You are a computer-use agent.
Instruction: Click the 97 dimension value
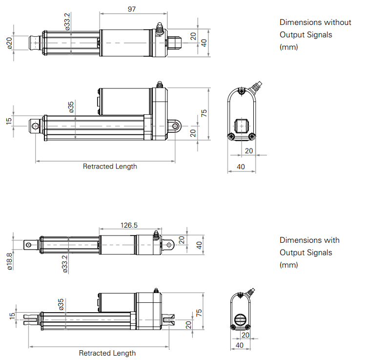[x=131, y=9]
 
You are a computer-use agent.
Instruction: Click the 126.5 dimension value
[x=129, y=225]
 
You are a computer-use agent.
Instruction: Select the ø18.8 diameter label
[x=9, y=261]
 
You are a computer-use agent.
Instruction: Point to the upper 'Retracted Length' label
[x=110, y=167]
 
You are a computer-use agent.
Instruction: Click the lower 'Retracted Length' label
[x=107, y=353]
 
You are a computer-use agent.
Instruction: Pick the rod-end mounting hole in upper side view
[x=35, y=126]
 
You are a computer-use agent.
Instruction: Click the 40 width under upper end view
[x=241, y=167]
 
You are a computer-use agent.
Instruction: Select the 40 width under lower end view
[x=239, y=345]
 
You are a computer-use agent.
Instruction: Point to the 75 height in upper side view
[x=204, y=112]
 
